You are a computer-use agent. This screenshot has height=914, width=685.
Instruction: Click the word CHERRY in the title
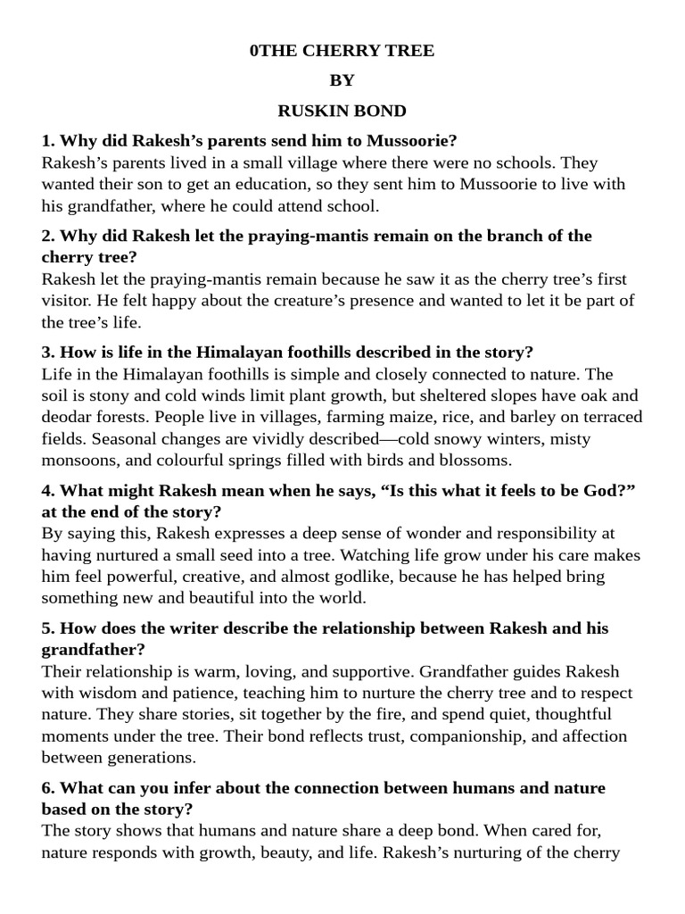pos(342,51)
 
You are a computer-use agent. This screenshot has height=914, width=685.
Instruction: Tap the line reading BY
pos(342,80)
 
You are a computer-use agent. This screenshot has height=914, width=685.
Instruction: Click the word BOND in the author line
pos(382,111)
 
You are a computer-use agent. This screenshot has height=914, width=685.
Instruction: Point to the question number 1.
pos(47,140)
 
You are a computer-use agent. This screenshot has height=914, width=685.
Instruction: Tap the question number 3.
pos(47,352)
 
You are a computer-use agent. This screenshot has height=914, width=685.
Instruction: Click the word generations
pos(152,758)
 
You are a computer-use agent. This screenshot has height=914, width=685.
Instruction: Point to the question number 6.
pos(47,787)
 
